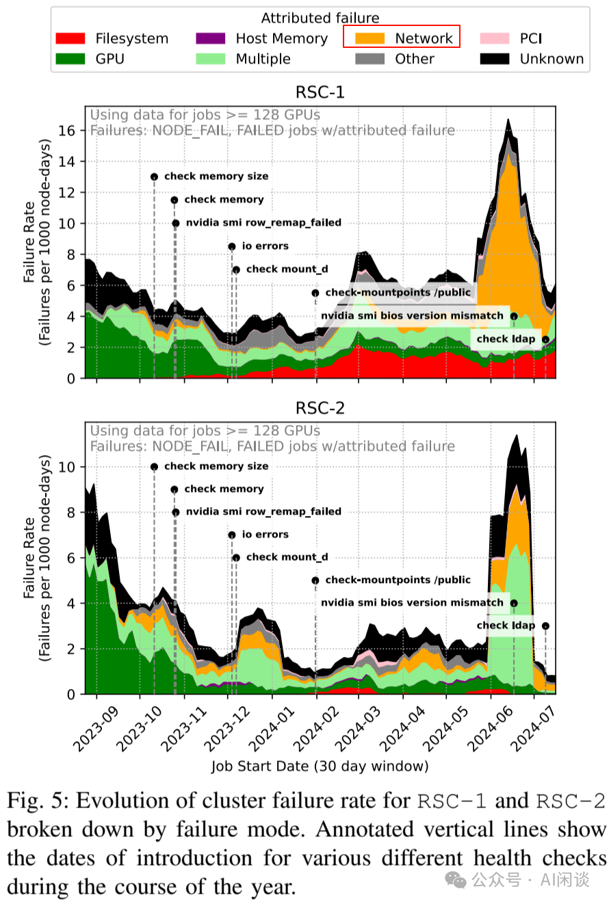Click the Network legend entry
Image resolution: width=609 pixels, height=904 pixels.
click(x=402, y=38)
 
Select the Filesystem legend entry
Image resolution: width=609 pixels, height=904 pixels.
click(x=112, y=38)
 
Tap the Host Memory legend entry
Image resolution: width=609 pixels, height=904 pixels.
click(x=261, y=38)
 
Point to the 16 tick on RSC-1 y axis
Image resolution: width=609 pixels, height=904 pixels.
click(x=71, y=130)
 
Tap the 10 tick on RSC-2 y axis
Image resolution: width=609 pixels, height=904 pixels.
click(x=71, y=467)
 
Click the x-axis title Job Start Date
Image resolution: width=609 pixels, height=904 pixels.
click(x=320, y=765)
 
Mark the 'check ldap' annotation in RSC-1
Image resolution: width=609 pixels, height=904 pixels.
click(x=506, y=339)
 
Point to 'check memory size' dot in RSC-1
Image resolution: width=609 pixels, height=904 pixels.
click(x=154, y=177)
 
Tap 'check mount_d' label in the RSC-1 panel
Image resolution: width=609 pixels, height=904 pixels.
click(x=287, y=269)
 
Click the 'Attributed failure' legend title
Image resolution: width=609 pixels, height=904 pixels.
click(x=320, y=18)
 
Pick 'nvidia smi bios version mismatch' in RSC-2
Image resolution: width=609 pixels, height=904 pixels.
click(x=412, y=603)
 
